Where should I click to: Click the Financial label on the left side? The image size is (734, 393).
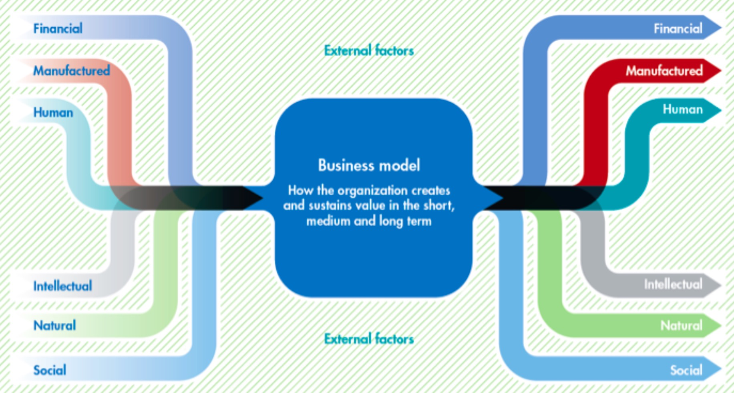pyautogui.click(x=58, y=28)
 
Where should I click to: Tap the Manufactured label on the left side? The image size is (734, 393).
pyautogui.click(x=71, y=71)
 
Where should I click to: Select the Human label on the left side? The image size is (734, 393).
pyautogui.click(x=53, y=112)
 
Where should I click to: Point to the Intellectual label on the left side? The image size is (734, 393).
pyautogui.click(x=62, y=286)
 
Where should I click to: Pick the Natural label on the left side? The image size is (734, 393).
pyautogui.click(x=54, y=325)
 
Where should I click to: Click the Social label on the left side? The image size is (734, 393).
pyautogui.click(x=50, y=370)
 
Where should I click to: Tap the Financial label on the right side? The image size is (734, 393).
pyautogui.click(x=678, y=28)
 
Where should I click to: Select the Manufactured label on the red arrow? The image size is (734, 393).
pyautogui.click(x=664, y=71)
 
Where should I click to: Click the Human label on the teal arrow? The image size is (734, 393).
pyautogui.click(x=682, y=109)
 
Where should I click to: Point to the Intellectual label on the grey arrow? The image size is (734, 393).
pyautogui.click(x=673, y=284)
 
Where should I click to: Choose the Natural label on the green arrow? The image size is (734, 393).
pyautogui.click(x=681, y=325)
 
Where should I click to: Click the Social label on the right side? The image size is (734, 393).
pyautogui.click(x=686, y=370)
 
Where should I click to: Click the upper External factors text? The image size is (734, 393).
pyautogui.click(x=369, y=51)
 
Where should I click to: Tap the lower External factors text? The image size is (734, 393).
pyautogui.click(x=369, y=339)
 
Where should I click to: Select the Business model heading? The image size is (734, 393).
pyautogui.click(x=369, y=165)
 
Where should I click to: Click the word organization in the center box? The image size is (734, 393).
pyautogui.click(x=372, y=190)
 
